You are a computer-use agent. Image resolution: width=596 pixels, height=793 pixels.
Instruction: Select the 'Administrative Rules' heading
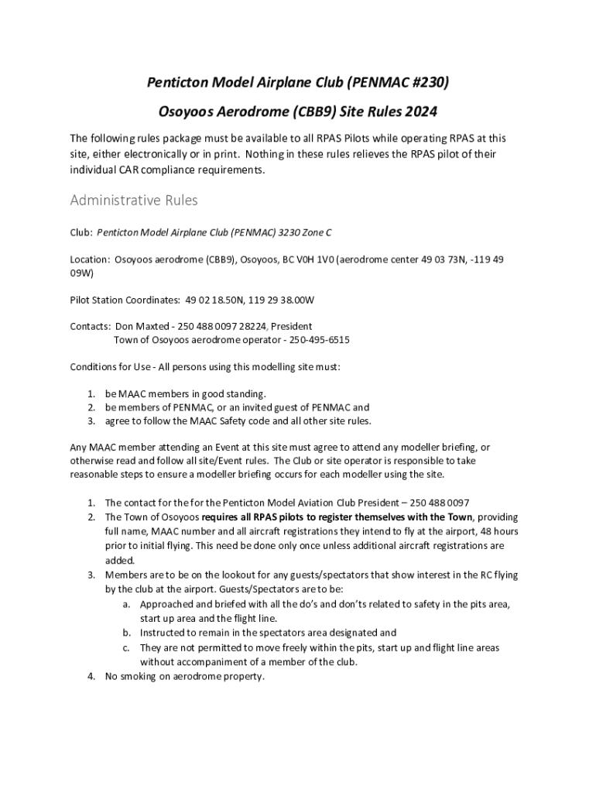(x=134, y=201)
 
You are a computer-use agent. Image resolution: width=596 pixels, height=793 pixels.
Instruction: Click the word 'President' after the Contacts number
(x=291, y=326)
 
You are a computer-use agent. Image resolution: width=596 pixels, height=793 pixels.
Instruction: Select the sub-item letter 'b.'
(x=126, y=633)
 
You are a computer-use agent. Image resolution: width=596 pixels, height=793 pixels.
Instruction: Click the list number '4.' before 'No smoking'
(x=91, y=676)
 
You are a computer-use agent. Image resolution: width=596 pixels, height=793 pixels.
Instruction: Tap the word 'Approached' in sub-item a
(x=166, y=604)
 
